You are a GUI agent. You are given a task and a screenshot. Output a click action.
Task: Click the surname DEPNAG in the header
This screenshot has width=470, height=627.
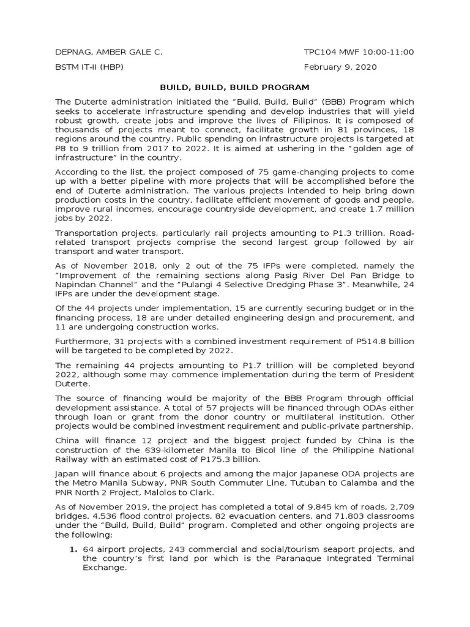tap(75, 52)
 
